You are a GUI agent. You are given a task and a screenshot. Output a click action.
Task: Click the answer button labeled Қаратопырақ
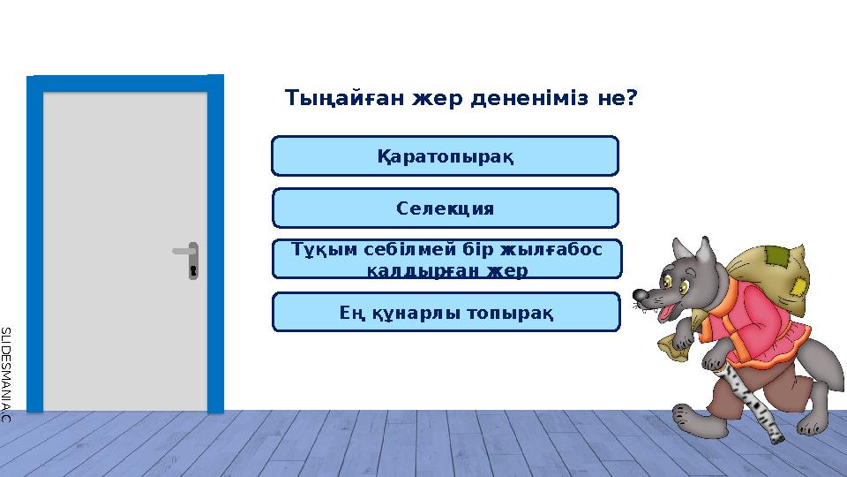pyautogui.click(x=445, y=156)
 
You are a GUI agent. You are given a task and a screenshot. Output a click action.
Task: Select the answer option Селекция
pyautogui.click(x=445, y=208)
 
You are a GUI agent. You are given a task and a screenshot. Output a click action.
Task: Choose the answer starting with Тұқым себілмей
pyautogui.click(x=446, y=260)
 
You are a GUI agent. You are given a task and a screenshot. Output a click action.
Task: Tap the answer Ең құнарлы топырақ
pyautogui.click(x=446, y=313)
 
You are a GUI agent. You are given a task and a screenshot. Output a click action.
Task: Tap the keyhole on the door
pyautogui.click(x=193, y=269)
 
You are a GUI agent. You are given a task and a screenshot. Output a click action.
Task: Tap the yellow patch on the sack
pyautogui.click(x=799, y=288)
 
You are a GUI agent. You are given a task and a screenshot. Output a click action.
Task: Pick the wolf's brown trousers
pyautogui.click(x=723, y=393)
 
